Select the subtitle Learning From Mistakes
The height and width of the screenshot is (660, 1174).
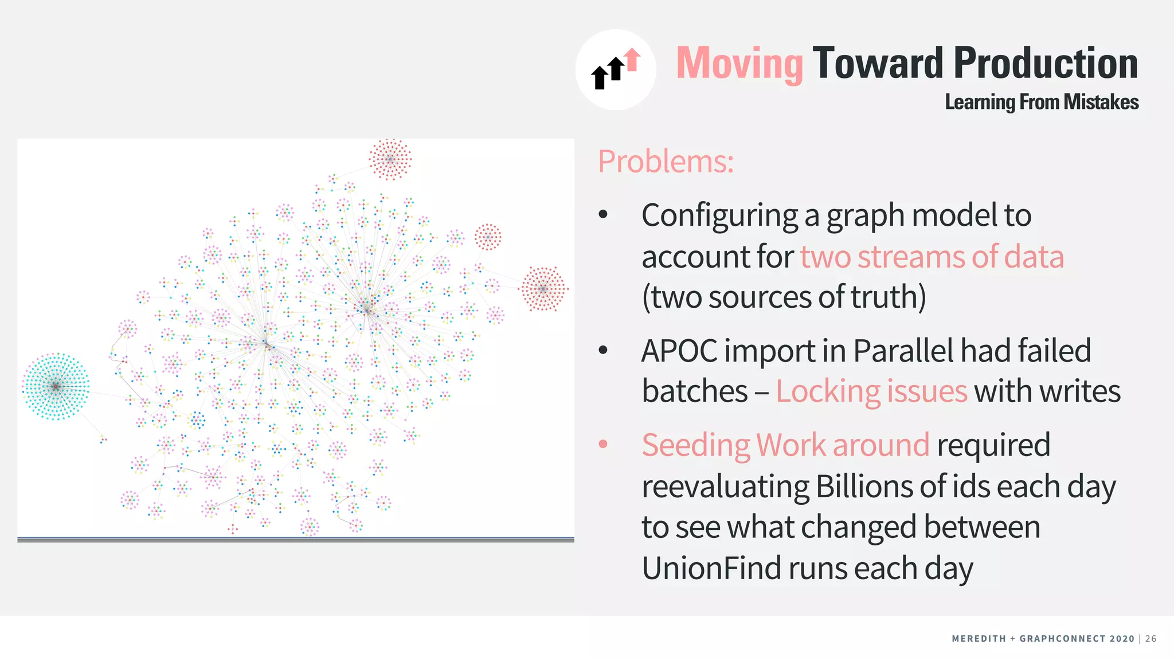1042,102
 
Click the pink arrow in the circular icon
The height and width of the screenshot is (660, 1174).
633,59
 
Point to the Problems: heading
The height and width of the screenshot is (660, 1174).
666,162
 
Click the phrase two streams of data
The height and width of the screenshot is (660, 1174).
932,256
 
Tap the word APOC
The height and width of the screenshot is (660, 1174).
679,351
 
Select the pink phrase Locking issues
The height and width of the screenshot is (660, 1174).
871,392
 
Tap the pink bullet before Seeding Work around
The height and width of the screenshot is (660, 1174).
603,444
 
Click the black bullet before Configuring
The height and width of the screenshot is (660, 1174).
603,215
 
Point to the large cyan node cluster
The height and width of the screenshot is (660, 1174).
56,387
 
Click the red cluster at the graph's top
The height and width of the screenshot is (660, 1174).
390,159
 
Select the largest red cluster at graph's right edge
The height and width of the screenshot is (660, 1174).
543,289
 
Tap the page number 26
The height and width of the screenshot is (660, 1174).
1151,639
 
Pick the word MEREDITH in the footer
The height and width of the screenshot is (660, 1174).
979,639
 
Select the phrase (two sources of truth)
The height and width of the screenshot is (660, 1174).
784,297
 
